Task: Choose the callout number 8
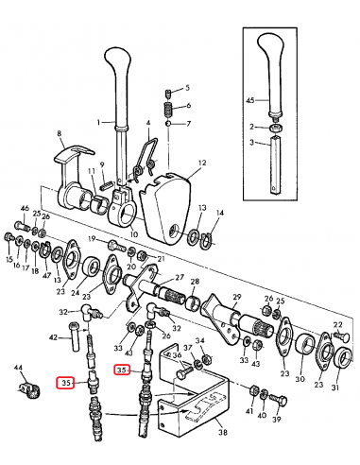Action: [59, 135]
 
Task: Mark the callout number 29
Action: [237, 298]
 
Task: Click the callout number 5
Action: [187, 86]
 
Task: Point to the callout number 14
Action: [221, 214]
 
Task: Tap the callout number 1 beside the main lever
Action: [97, 122]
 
